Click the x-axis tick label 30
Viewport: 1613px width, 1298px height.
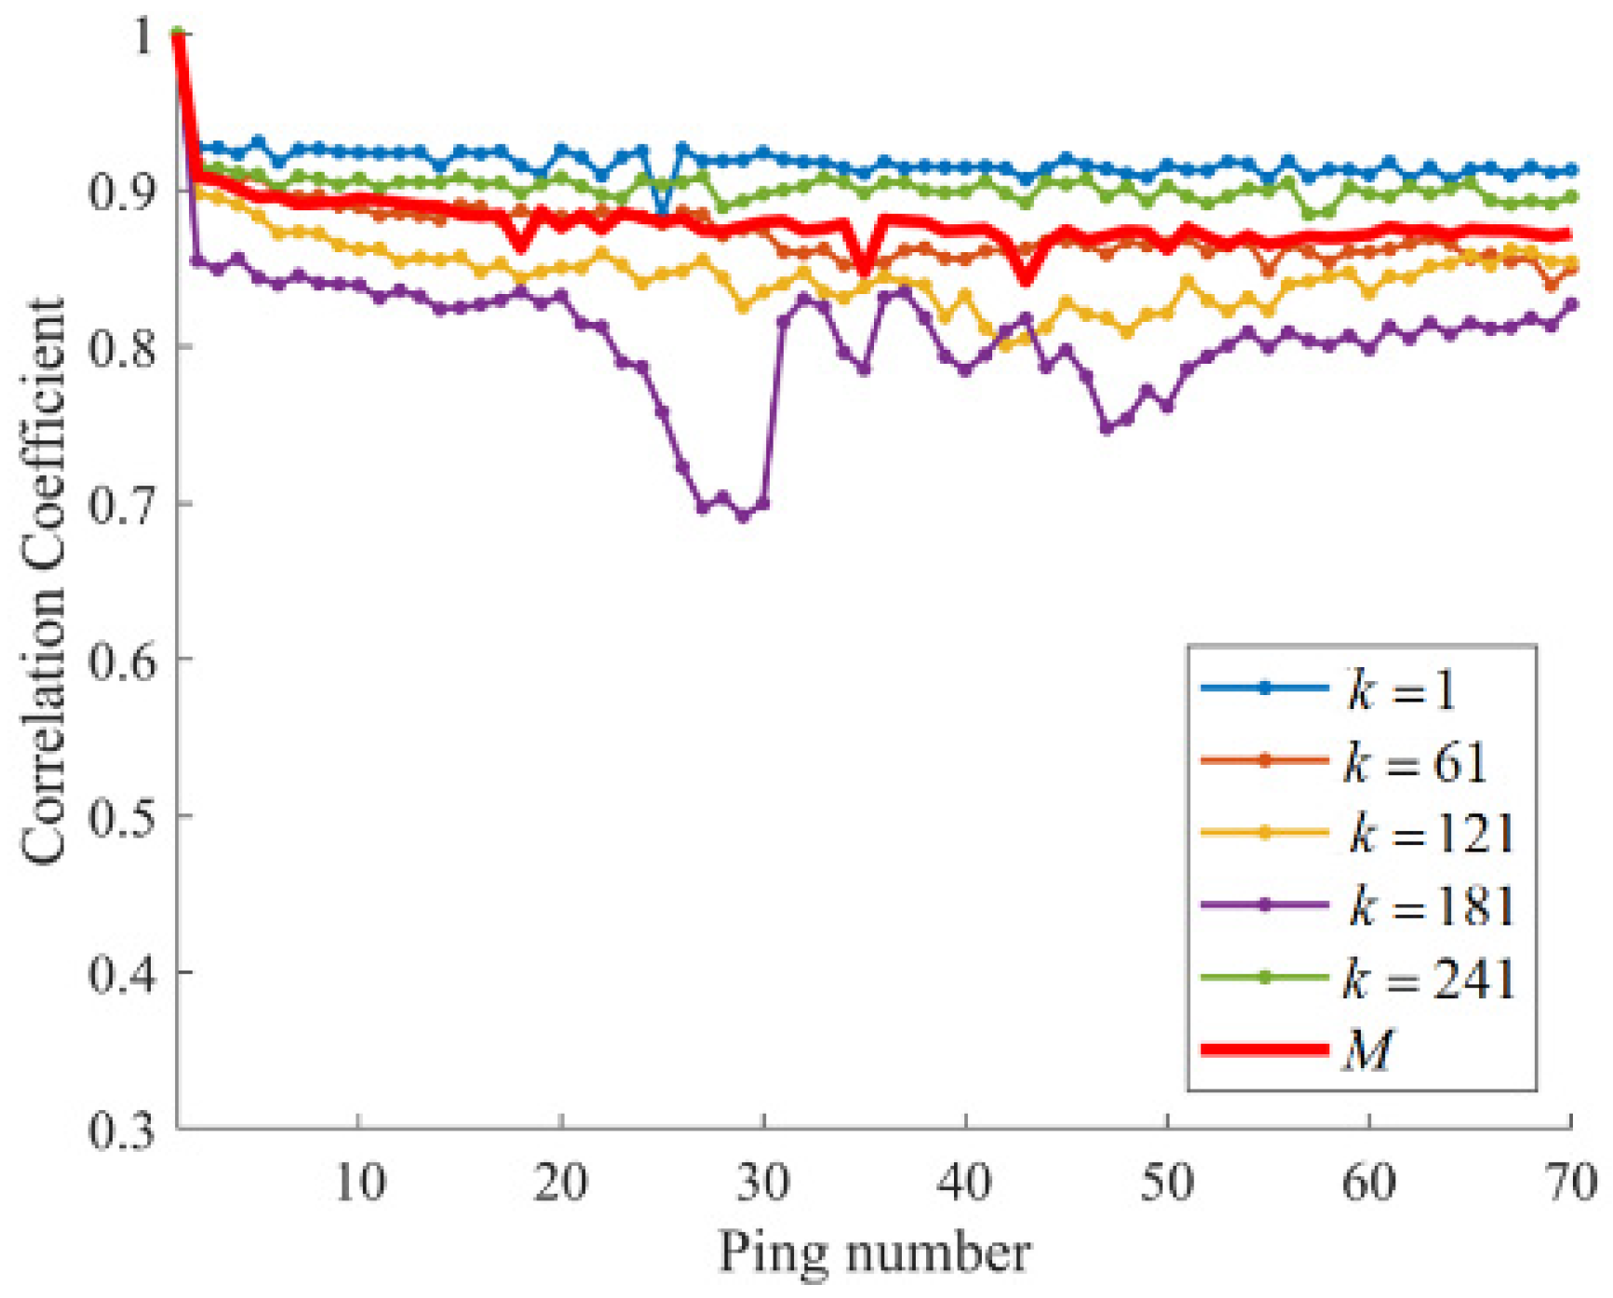(763, 1184)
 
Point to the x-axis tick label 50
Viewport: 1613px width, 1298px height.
(1167, 1184)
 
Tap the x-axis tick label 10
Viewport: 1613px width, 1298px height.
(359, 1184)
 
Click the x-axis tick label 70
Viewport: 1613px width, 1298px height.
(1571, 1184)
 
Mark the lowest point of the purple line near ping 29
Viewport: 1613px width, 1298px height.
(744, 517)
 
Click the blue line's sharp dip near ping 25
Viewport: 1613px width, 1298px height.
(662, 214)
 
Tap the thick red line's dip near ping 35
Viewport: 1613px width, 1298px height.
(864, 273)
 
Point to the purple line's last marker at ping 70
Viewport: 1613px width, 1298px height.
(1572, 304)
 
